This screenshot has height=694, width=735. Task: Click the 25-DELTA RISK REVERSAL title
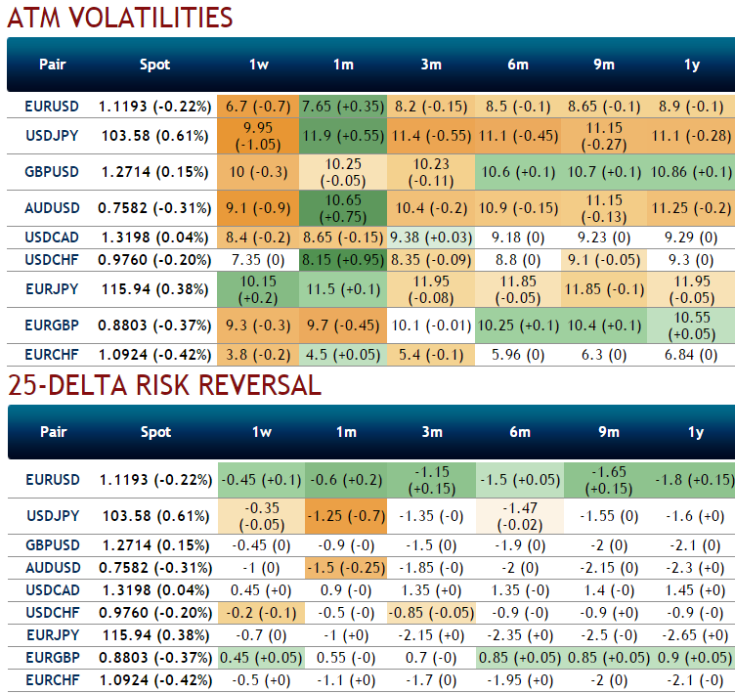point(164,385)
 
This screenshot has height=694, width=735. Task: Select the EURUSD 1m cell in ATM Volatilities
point(343,105)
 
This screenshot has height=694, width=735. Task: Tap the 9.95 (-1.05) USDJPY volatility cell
point(259,134)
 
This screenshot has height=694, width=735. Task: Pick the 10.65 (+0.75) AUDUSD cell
point(343,207)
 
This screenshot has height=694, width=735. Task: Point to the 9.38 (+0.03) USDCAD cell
point(430,237)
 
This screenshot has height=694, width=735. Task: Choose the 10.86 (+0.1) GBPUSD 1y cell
point(691,171)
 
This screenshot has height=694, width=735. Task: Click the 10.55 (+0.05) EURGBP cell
point(691,325)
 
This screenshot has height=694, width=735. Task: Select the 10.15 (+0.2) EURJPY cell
point(259,288)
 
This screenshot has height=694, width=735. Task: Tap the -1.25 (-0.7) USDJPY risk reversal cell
point(343,515)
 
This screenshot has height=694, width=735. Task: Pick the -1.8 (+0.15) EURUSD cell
point(691,479)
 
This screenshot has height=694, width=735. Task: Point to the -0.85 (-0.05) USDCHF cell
point(430,612)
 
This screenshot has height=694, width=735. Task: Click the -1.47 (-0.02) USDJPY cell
point(518,515)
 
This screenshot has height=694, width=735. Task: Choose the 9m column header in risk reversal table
point(604,432)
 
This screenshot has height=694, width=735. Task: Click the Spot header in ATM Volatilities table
point(154,65)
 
